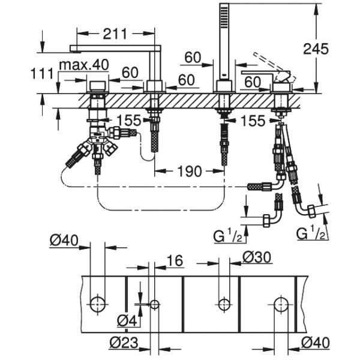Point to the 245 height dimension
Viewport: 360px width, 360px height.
pyautogui.click(x=316, y=49)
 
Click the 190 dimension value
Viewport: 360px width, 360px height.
pyautogui.click(x=189, y=172)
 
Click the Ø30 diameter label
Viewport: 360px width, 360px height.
pyautogui.click(x=257, y=257)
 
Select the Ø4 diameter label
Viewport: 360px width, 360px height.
pyautogui.click(x=125, y=322)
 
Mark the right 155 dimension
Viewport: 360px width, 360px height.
pyautogui.click(x=253, y=121)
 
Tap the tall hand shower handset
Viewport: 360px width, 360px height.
pyautogui.click(x=224, y=42)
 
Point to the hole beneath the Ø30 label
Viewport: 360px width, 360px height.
pyautogui.click(x=224, y=304)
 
